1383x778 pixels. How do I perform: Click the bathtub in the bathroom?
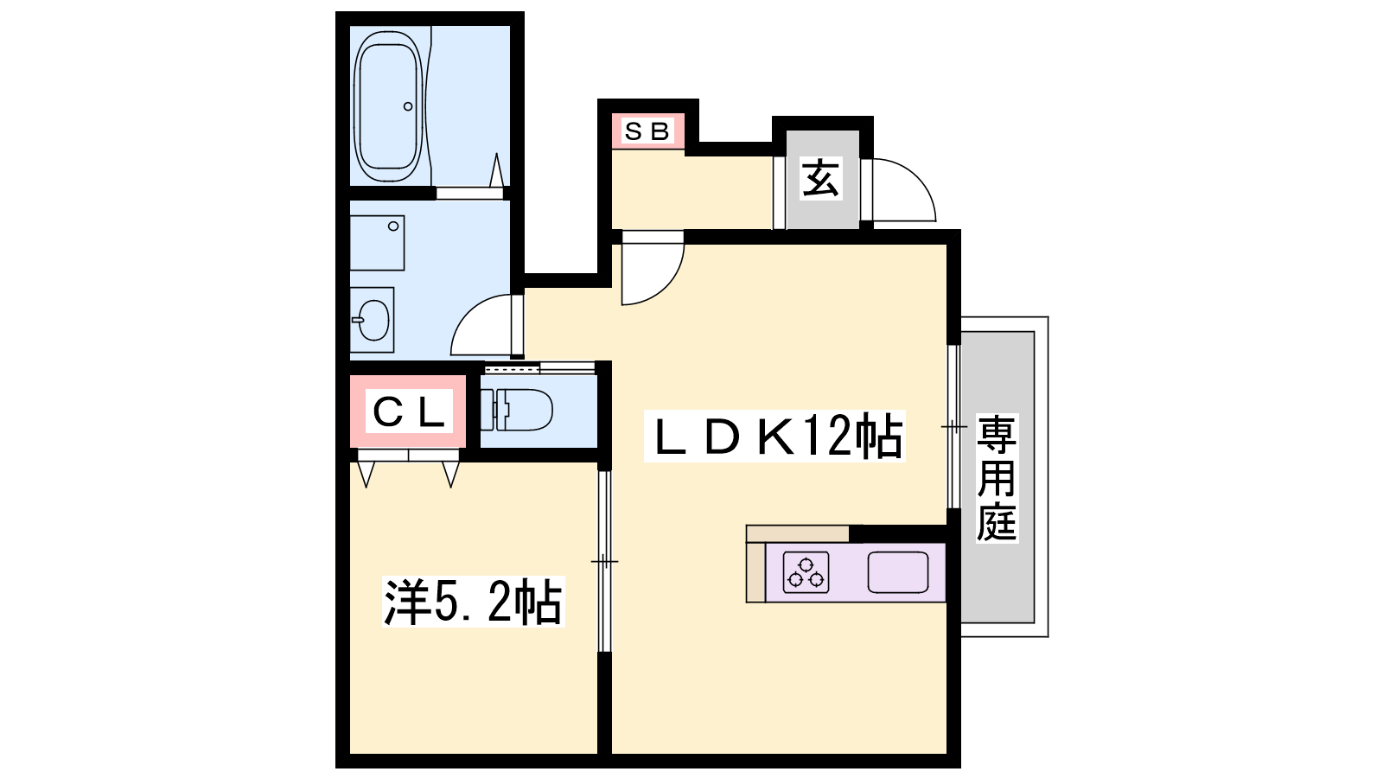click(390, 106)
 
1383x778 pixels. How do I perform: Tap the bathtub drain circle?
click(407, 107)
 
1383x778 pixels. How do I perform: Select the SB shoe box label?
click(647, 131)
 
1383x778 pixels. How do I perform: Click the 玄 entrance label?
click(820, 178)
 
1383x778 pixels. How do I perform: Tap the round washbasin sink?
click(373, 320)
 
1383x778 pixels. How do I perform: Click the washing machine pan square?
click(377, 243)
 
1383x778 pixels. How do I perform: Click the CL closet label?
click(409, 411)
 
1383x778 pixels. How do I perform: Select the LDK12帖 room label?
click(774, 436)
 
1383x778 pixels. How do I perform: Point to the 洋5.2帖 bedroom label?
click(474, 602)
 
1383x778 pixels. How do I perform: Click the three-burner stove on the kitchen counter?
click(806, 572)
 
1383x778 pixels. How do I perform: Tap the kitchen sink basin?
click(898, 572)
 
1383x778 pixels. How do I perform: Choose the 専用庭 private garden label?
click(997, 479)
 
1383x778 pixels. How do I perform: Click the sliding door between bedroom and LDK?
click(604, 561)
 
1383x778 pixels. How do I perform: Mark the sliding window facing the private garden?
click(954, 426)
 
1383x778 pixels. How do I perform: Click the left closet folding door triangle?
click(366, 475)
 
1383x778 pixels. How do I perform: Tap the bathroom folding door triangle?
click(496, 170)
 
